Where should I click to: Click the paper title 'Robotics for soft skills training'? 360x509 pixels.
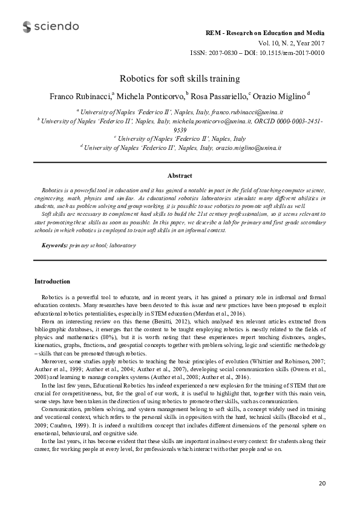pyautogui.click(x=180, y=79)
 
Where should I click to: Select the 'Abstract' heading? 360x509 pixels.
pyautogui.click(x=180, y=175)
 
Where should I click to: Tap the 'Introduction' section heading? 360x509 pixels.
pyautogui.click(x=52, y=281)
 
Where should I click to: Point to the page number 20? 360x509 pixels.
pyautogui.click(x=322, y=484)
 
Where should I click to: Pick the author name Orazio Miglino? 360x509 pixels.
pyautogui.click(x=279, y=96)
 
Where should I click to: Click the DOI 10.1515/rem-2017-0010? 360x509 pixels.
pyautogui.click(x=290, y=53)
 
